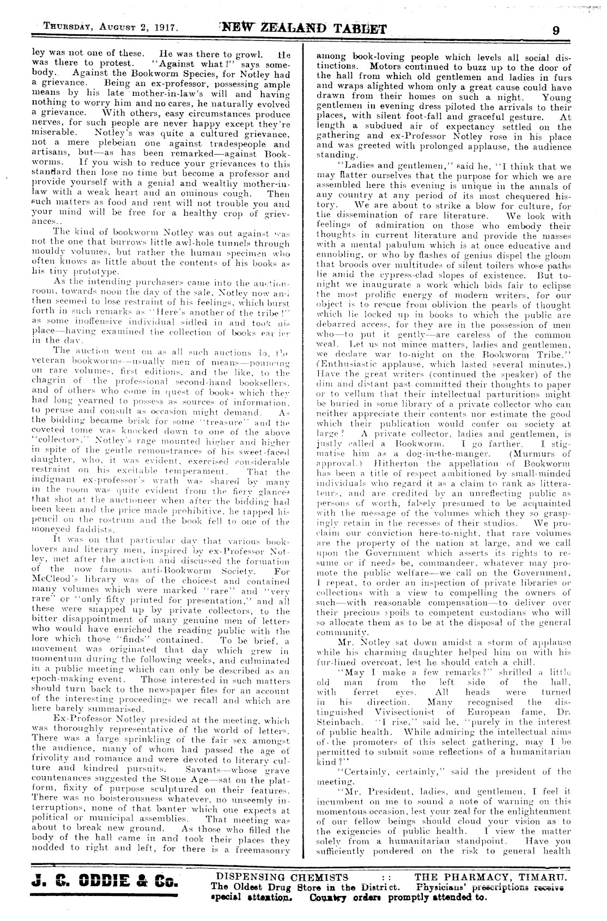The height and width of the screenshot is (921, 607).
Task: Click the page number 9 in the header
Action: tap(555, 30)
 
